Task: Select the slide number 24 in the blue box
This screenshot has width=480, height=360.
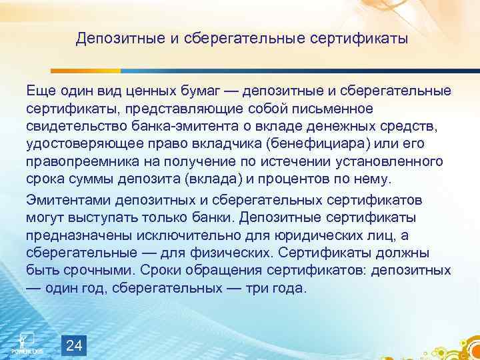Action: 75,345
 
